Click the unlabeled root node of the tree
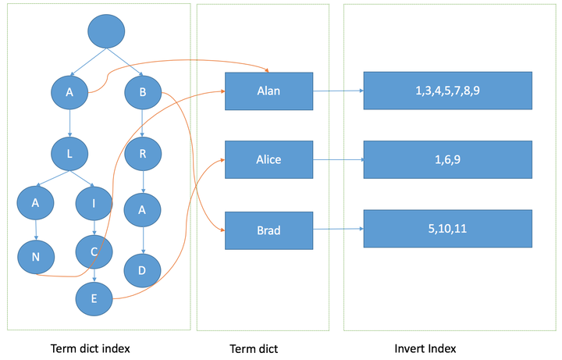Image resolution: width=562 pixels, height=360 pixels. click(x=106, y=31)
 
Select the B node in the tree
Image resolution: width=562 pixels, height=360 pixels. click(x=143, y=92)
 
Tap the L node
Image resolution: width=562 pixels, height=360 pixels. click(x=69, y=154)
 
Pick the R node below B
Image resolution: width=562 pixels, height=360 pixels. click(x=143, y=154)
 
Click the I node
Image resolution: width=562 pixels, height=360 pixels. click(x=94, y=203)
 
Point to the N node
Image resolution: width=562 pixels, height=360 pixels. click(x=36, y=257)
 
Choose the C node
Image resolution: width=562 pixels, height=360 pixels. click(x=94, y=251)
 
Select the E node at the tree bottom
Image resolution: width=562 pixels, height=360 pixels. click(x=94, y=298)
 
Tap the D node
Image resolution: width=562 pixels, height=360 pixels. click(x=142, y=270)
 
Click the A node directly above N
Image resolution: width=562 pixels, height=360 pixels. click(x=35, y=202)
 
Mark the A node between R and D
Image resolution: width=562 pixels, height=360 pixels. click(x=142, y=210)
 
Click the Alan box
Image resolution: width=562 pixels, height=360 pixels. click(x=269, y=91)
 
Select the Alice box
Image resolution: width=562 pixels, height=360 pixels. click(x=269, y=159)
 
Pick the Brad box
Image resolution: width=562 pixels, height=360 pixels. click(x=269, y=230)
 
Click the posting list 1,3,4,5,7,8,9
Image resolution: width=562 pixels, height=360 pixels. click(x=448, y=91)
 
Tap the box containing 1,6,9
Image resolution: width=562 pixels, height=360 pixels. click(x=448, y=159)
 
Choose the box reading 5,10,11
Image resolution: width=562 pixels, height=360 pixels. click(x=448, y=229)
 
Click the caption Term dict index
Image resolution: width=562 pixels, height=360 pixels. click(x=91, y=348)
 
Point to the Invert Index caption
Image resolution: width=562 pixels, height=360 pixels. click(x=425, y=348)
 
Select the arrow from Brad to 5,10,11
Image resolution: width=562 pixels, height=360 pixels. click(x=338, y=229)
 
